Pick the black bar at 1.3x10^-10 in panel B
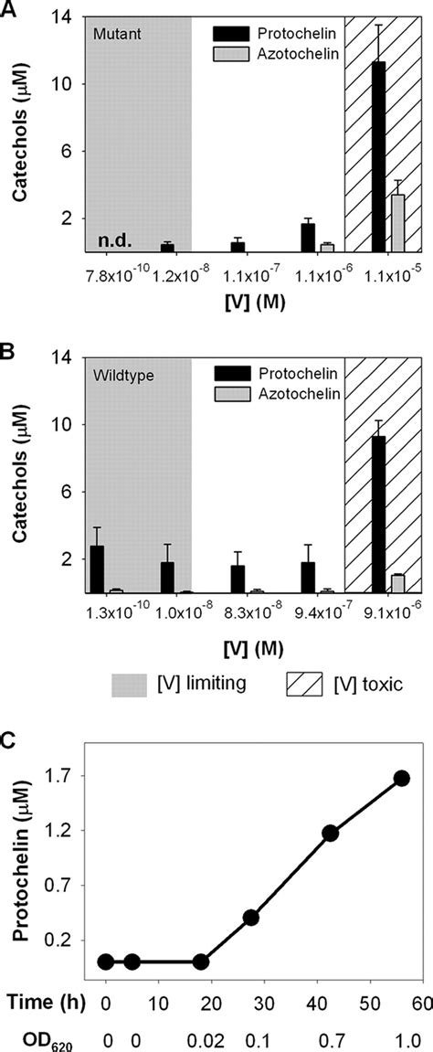pos(97,569)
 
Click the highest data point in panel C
pos(401,778)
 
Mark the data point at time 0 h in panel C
pos(106,961)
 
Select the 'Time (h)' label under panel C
pos(48,1003)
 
